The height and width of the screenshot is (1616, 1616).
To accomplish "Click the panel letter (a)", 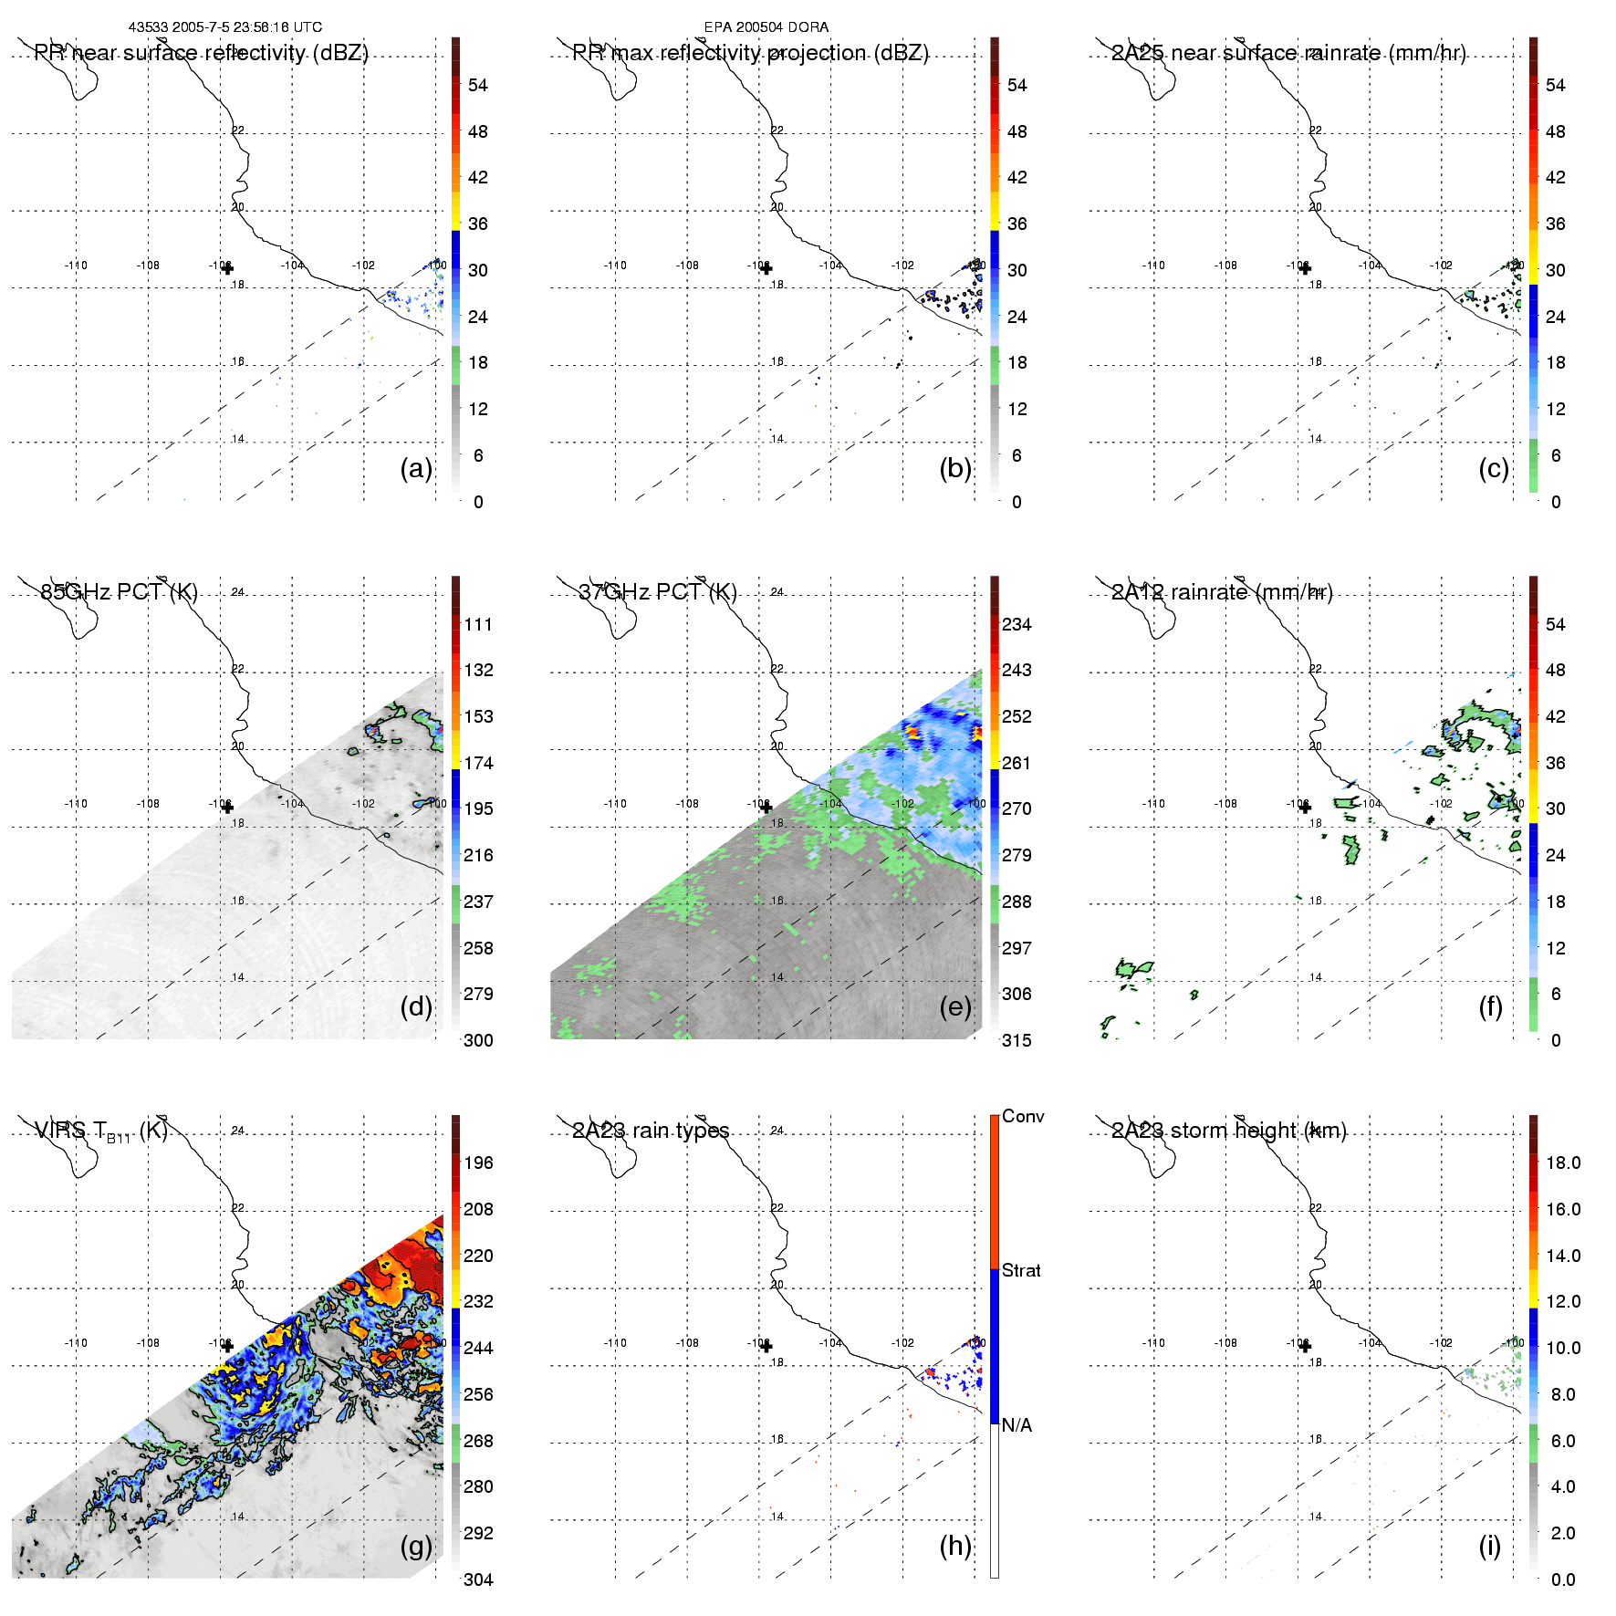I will [415, 469].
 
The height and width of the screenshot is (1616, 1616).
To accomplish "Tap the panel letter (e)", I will [954, 1007].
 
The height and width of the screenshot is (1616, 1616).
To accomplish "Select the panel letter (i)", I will [1489, 1547].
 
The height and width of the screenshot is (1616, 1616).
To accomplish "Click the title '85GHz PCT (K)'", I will [119, 592].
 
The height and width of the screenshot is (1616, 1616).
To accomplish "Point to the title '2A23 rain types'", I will [651, 1131].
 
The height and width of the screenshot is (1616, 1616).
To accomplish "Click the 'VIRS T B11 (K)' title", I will [101, 1131].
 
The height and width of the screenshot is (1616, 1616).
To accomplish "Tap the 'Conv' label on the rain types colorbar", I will [1023, 1116].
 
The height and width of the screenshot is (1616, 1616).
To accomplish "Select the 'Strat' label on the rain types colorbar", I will [1021, 1270].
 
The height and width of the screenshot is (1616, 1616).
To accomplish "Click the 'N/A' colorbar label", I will [1017, 1425].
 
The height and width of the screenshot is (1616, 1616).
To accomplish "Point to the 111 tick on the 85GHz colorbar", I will [478, 624].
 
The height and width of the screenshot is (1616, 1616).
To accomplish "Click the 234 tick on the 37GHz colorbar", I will [1017, 624].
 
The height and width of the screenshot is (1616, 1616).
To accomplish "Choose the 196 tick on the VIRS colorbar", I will [478, 1162].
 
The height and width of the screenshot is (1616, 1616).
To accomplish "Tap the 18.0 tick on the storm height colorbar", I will [1562, 1162].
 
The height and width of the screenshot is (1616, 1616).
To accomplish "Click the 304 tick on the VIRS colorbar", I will [478, 1580].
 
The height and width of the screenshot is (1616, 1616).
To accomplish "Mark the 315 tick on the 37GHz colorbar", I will [1017, 1040].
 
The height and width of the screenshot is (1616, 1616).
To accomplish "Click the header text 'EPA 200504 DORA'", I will [766, 27].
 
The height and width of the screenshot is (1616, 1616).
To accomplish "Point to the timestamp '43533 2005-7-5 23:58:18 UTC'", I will [225, 27].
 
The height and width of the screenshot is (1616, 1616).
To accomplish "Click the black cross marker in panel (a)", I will [227, 268].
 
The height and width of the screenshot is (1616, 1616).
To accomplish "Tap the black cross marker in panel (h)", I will [766, 1346].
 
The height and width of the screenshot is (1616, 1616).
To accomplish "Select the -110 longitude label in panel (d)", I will [76, 804].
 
